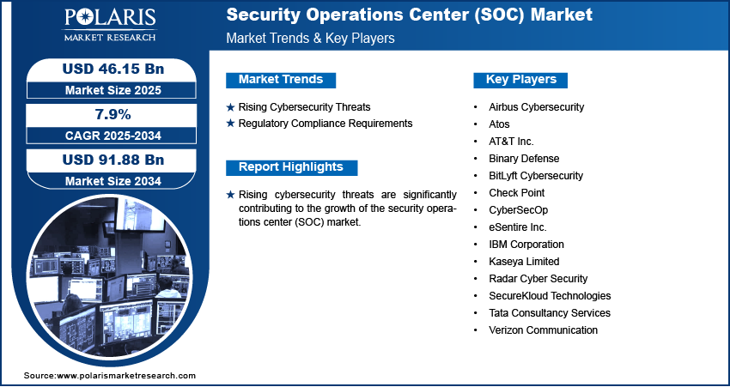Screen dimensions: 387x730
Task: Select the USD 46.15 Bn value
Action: point(106,69)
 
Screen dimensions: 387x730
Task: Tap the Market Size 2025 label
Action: point(106,90)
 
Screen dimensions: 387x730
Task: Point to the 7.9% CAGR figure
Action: point(106,114)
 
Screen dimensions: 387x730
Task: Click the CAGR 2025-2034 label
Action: point(106,136)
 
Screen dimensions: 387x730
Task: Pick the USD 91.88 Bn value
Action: point(106,160)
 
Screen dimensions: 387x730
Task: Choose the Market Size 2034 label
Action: point(106,181)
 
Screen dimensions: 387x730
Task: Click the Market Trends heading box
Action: point(281,80)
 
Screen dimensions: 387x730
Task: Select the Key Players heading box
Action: point(520,80)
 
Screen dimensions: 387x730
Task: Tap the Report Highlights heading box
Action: point(291,167)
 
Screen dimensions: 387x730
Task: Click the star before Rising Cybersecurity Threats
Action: point(230,107)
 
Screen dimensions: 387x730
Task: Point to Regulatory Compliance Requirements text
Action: point(325,124)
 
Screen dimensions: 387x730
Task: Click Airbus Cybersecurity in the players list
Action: point(536,107)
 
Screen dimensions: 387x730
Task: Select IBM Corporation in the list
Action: point(526,245)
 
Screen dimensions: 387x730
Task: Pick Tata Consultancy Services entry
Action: point(549,313)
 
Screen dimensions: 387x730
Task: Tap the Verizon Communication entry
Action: point(543,330)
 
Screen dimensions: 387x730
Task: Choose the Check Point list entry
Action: point(516,193)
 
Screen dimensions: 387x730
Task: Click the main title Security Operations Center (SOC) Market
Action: point(409,15)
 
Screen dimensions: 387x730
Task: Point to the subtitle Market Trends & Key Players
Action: point(310,39)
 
